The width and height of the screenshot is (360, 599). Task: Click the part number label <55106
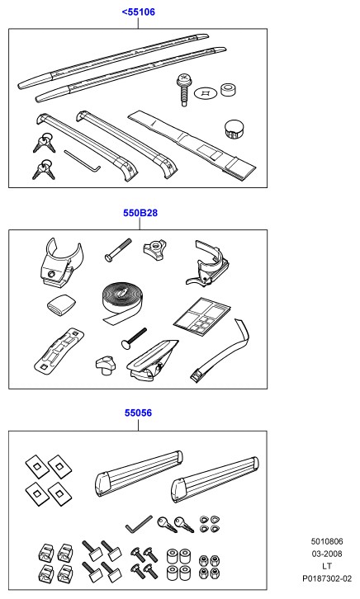(139, 12)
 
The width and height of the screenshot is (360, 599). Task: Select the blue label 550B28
(140, 213)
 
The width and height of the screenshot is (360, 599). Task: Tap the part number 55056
(138, 413)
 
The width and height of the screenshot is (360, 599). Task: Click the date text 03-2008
(327, 554)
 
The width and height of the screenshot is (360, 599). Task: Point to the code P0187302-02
(327, 578)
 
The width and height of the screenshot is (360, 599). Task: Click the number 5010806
(327, 541)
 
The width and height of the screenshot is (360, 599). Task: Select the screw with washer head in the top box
(183, 89)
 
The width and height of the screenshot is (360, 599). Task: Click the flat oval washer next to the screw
(206, 92)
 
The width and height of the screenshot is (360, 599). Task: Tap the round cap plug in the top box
(234, 129)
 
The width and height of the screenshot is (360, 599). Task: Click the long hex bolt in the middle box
(118, 250)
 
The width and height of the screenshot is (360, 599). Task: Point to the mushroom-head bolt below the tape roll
(134, 337)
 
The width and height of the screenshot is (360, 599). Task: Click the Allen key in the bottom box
(139, 524)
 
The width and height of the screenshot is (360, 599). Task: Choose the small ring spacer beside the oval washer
(230, 90)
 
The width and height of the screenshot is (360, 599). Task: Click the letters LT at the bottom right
(327, 566)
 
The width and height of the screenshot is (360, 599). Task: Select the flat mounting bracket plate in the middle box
(59, 349)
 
